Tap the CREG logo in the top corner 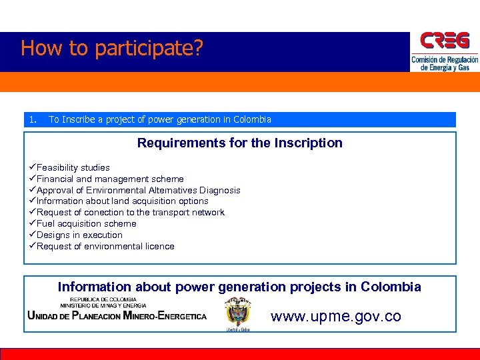click(x=444, y=42)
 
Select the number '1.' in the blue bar click(x=33, y=119)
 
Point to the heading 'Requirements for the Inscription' click(x=240, y=143)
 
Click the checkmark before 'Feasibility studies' click(x=32, y=167)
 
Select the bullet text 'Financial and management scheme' click(x=110, y=179)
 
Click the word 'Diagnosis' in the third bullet click(x=219, y=190)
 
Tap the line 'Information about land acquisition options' click(x=123, y=201)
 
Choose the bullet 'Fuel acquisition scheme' click(x=87, y=224)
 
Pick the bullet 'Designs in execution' click(x=80, y=235)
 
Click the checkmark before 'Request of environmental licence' click(x=32, y=247)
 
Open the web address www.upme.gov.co click(x=336, y=316)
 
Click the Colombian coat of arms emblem click(x=237, y=313)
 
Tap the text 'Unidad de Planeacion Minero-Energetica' click(x=117, y=316)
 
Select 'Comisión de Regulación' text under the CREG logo click(x=445, y=60)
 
